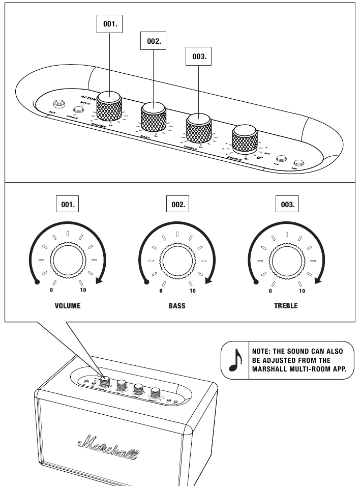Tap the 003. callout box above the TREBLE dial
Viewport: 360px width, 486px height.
click(x=287, y=205)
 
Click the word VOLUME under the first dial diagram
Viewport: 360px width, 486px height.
click(x=68, y=306)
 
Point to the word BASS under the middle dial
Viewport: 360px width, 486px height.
click(x=177, y=306)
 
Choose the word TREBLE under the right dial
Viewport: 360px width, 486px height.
click(x=287, y=306)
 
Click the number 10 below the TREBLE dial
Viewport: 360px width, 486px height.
click(x=302, y=291)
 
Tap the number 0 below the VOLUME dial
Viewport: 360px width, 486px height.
click(x=51, y=291)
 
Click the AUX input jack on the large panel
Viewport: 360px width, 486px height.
click(x=59, y=103)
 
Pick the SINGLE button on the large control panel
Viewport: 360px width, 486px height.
click(x=78, y=109)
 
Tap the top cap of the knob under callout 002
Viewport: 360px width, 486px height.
click(x=154, y=108)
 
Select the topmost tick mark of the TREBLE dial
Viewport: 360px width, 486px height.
click(x=287, y=235)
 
